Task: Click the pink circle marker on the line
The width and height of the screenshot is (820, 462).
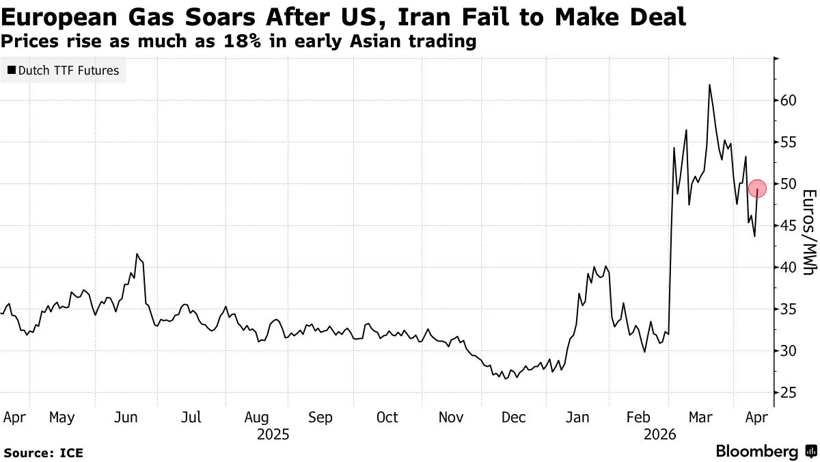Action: pos(757,188)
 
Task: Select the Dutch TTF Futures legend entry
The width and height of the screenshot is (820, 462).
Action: pos(64,70)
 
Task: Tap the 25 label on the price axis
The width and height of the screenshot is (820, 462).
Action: pos(789,393)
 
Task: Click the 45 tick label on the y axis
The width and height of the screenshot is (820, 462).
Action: pos(789,226)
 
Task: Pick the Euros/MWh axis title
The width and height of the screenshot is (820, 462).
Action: pos(809,232)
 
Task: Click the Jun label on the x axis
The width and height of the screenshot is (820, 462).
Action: pos(126,418)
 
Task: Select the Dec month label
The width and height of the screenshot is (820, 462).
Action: pos(513,418)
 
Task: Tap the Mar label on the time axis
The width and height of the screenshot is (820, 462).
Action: pos(700,418)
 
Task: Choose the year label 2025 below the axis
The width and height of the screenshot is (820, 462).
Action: pos(273,435)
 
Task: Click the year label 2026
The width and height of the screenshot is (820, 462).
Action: pos(659,435)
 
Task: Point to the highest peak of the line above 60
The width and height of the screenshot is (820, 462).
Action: pos(709,85)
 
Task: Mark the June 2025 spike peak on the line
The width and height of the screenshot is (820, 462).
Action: pos(137,254)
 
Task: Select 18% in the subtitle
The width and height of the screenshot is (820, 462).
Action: pos(243,41)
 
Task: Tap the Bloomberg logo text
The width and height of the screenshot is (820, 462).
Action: pos(756,451)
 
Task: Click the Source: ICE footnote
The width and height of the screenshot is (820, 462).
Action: pos(43,453)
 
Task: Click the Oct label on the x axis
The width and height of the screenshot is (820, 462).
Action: pos(387,418)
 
